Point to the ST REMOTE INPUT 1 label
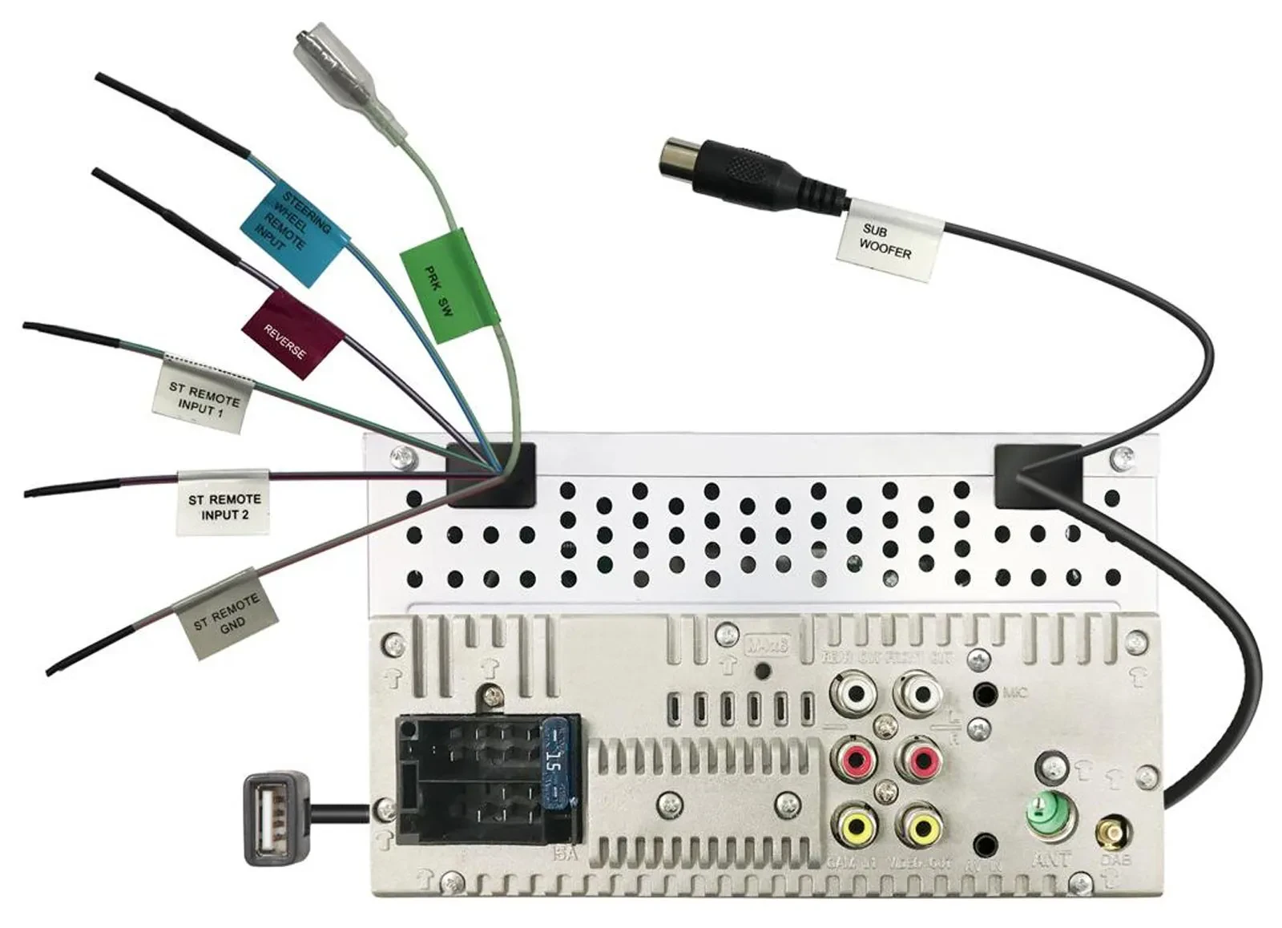[203, 398]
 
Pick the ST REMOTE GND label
[227, 613]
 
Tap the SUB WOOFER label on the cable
[888, 240]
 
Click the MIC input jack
[984, 693]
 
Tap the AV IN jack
[985, 844]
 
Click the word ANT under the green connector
[1051, 861]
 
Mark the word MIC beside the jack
[1014, 692]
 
